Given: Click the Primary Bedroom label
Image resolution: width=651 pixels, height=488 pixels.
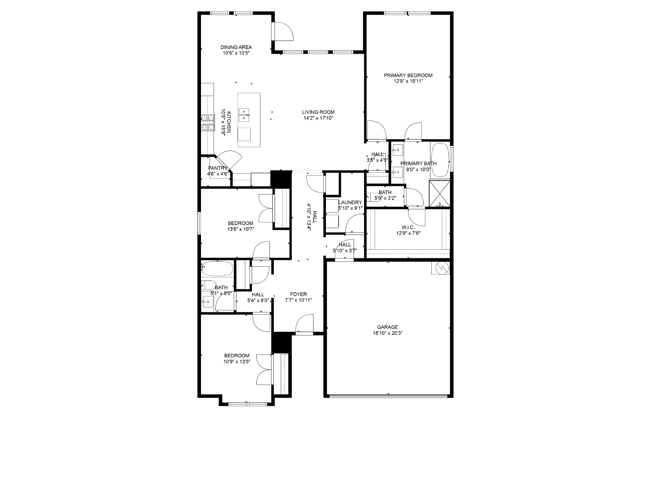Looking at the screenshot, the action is [408, 75].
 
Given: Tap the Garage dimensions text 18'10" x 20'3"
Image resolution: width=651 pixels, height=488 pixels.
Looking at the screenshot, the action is [387, 333].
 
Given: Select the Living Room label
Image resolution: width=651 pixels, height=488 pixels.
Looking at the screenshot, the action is [318, 112].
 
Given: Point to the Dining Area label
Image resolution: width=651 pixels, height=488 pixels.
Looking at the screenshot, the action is [236, 47].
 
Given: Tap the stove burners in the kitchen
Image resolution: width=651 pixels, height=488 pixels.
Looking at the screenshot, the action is [208, 123].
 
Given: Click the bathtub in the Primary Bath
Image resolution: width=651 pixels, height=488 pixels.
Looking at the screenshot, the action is [440, 160].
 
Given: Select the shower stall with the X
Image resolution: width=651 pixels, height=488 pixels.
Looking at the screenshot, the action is [439, 193].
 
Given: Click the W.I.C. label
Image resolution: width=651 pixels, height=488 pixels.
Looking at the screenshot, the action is [408, 227].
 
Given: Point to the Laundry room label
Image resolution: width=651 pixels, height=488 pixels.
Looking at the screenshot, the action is [350, 203].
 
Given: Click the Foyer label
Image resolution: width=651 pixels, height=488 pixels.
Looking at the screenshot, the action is [298, 294].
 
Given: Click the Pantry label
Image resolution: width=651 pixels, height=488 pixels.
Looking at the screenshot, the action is [218, 168].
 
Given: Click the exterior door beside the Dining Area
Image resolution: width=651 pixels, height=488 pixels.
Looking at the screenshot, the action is [283, 31].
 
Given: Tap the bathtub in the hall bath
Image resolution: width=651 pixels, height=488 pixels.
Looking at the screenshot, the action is [217, 269].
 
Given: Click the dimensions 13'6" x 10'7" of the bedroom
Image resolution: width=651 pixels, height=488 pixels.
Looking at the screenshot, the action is [240, 229].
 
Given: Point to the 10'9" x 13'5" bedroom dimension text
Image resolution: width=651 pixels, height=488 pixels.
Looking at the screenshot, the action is [237, 362].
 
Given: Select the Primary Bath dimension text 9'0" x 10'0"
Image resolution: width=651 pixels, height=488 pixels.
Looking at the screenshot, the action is [418, 170].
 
